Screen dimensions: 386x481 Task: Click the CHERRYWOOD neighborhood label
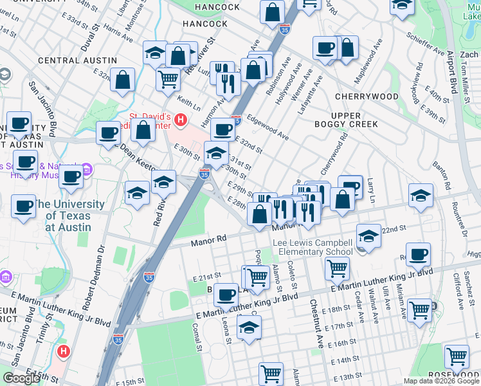click(x=367, y=96)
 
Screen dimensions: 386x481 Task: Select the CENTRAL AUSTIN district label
click(x=77, y=60)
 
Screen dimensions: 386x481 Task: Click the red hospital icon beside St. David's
click(x=181, y=120)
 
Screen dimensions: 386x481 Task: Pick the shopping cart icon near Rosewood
click(x=457, y=356)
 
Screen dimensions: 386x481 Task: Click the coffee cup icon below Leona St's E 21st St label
click(x=226, y=295)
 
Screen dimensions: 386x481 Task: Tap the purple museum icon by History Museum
click(x=87, y=168)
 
